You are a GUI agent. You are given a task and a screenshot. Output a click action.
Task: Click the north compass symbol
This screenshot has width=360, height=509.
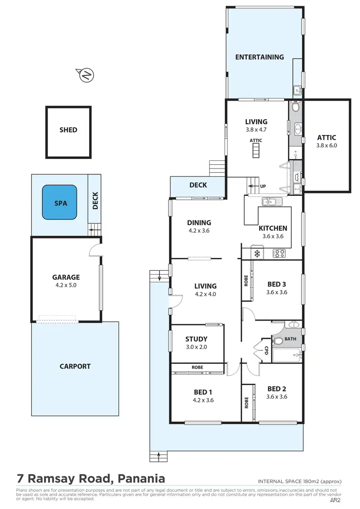pyautogui.click(x=86, y=74)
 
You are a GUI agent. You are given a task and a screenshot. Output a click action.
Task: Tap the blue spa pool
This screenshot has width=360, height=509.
pyautogui.click(x=60, y=203)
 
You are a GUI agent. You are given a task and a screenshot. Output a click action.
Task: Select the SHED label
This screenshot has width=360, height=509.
pyautogui.click(x=68, y=130)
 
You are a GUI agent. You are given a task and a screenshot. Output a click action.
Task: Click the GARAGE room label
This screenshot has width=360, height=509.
pyautogui.click(x=66, y=277)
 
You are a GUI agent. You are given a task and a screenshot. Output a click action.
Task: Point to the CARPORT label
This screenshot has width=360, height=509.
pyautogui.click(x=75, y=366)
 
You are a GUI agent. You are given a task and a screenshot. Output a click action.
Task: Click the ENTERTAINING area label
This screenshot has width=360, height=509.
pyautogui.click(x=259, y=57)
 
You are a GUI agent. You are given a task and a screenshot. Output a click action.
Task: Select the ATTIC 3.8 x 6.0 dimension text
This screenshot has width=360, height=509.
pyautogui.click(x=326, y=145)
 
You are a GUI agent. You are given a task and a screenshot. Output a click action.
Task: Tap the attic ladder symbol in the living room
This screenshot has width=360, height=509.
pyautogui.click(x=256, y=151)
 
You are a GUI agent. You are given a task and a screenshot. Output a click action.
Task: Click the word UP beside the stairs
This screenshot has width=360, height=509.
pyautogui.click(x=263, y=186)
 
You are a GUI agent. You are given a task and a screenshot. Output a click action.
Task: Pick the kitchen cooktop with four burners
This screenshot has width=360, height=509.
pyautogui.click(x=279, y=253)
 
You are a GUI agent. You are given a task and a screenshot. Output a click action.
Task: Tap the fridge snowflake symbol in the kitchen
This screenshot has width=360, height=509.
pyautogui.click(x=256, y=253)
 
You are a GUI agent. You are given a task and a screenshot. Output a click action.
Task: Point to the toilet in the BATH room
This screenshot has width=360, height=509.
pyautogui.click(x=278, y=342)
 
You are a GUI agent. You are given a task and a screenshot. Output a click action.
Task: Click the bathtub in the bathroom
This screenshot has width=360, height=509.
pyautogui.click(x=287, y=356)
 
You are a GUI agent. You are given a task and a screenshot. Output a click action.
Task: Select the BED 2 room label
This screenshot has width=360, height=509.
pyautogui.click(x=277, y=389)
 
